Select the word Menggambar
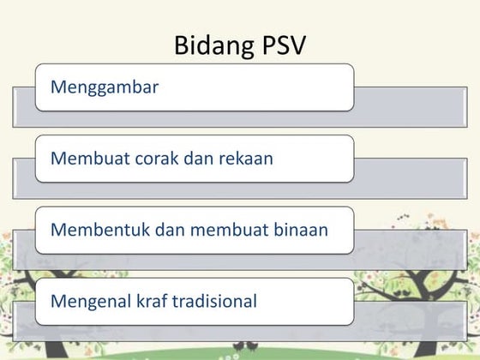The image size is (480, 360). click(105, 87)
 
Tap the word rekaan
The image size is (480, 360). click(243, 158)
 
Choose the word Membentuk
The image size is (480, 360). click(93, 230)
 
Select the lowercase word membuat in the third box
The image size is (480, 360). click(217, 230)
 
